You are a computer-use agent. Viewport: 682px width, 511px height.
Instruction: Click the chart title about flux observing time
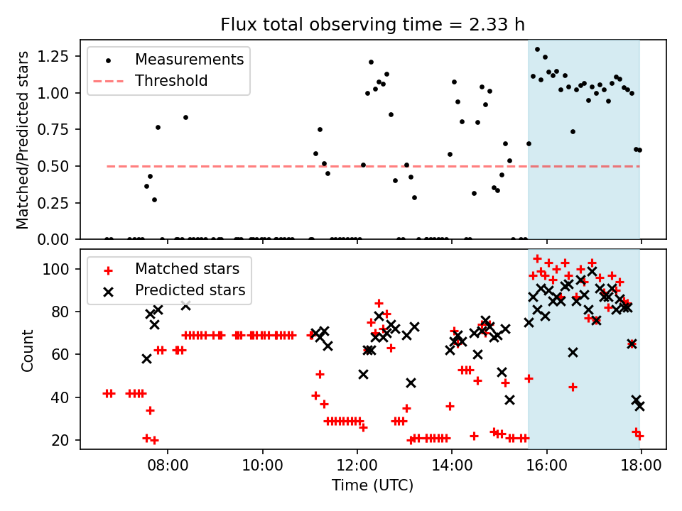pos(372,24)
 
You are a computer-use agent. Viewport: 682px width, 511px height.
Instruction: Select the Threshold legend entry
pos(151,81)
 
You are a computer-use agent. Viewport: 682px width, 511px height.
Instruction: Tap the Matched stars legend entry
pos(172,269)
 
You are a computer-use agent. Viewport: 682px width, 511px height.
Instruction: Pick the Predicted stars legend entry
pos(175,290)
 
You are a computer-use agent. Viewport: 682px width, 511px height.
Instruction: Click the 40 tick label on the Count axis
pos(61,397)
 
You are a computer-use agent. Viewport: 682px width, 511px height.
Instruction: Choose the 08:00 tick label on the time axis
pos(168,465)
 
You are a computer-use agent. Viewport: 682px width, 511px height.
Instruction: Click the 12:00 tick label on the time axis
pos(357,465)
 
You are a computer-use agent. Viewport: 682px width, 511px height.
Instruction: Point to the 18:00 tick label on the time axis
pos(641,465)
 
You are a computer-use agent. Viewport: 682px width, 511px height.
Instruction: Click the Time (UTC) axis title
pos(373,485)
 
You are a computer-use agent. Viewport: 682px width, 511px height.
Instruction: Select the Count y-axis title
pos(27,350)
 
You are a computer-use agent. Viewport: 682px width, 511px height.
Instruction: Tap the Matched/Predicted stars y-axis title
pos(23,140)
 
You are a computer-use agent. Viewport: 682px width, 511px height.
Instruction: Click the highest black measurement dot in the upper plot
pos(537,50)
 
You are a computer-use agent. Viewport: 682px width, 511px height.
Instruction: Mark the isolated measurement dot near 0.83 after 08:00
pos(185,117)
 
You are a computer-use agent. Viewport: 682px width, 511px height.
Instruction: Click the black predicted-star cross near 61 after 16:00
pos(573,353)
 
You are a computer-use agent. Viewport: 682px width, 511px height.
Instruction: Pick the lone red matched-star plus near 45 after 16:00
pos(573,387)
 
